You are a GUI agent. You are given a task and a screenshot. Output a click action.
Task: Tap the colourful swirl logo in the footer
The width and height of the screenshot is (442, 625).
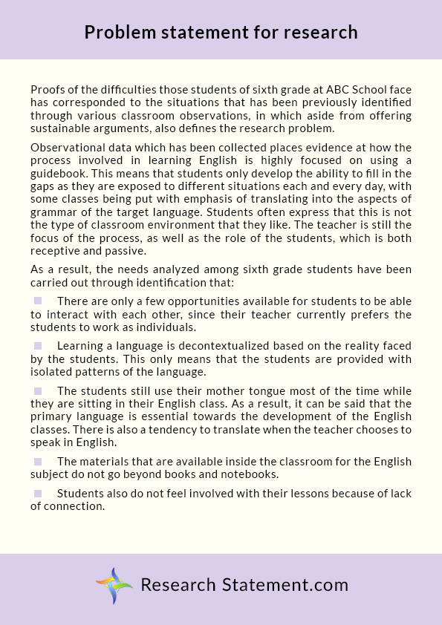(114, 585)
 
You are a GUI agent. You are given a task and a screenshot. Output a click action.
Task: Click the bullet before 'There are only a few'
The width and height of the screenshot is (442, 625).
(38, 301)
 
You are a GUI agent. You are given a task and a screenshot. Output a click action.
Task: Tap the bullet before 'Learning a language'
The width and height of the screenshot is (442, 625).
(38, 345)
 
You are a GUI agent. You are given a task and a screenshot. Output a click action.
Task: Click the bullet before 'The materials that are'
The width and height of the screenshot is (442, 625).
(38, 461)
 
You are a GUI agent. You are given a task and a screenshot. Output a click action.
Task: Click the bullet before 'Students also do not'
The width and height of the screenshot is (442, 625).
(38, 493)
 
